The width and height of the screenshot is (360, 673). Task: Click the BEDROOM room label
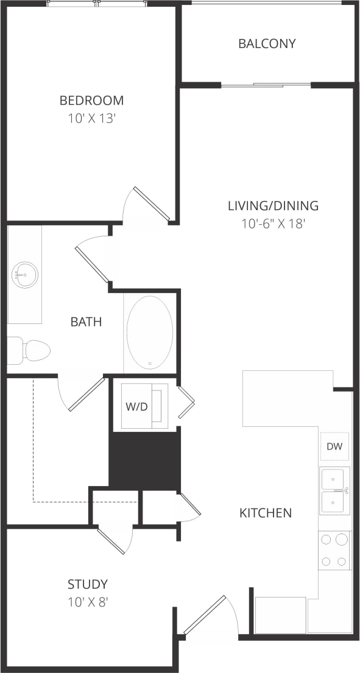tap(91, 100)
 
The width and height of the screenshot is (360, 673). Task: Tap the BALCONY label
tap(267, 44)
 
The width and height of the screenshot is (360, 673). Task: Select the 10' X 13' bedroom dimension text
tap(91, 118)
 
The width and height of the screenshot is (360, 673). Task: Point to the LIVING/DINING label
tap(273, 206)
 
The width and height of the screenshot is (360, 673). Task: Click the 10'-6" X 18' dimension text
tap(273, 224)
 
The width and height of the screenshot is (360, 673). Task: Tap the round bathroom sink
tap(25, 275)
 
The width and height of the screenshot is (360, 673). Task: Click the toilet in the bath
tap(30, 350)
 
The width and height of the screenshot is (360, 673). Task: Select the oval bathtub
tap(149, 333)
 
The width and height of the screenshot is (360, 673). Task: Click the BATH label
tap(86, 322)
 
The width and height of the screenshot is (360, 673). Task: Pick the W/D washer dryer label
tap(137, 406)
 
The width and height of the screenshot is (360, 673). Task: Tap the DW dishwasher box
tap(334, 446)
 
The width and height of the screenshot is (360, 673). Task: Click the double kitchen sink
tap(334, 491)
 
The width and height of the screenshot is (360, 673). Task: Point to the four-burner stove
tap(334, 550)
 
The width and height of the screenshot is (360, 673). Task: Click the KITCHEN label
tap(265, 513)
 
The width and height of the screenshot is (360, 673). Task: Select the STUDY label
tap(88, 585)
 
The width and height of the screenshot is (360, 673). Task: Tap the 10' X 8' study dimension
tap(88, 603)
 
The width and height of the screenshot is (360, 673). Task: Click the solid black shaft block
tap(144, 458)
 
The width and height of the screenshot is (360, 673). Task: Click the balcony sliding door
tap(266, 85)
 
